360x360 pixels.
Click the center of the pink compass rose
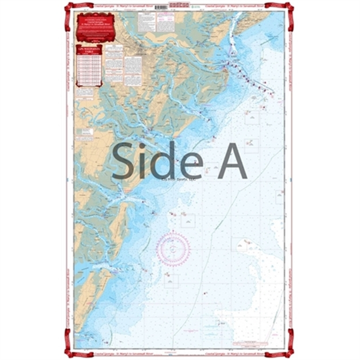tap(173, 249)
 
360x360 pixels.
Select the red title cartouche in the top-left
tap(95, 28)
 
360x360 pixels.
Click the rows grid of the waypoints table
tap(89, 69)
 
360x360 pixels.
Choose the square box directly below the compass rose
tap(171, 281)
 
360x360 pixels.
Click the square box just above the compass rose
tap(188, 220)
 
